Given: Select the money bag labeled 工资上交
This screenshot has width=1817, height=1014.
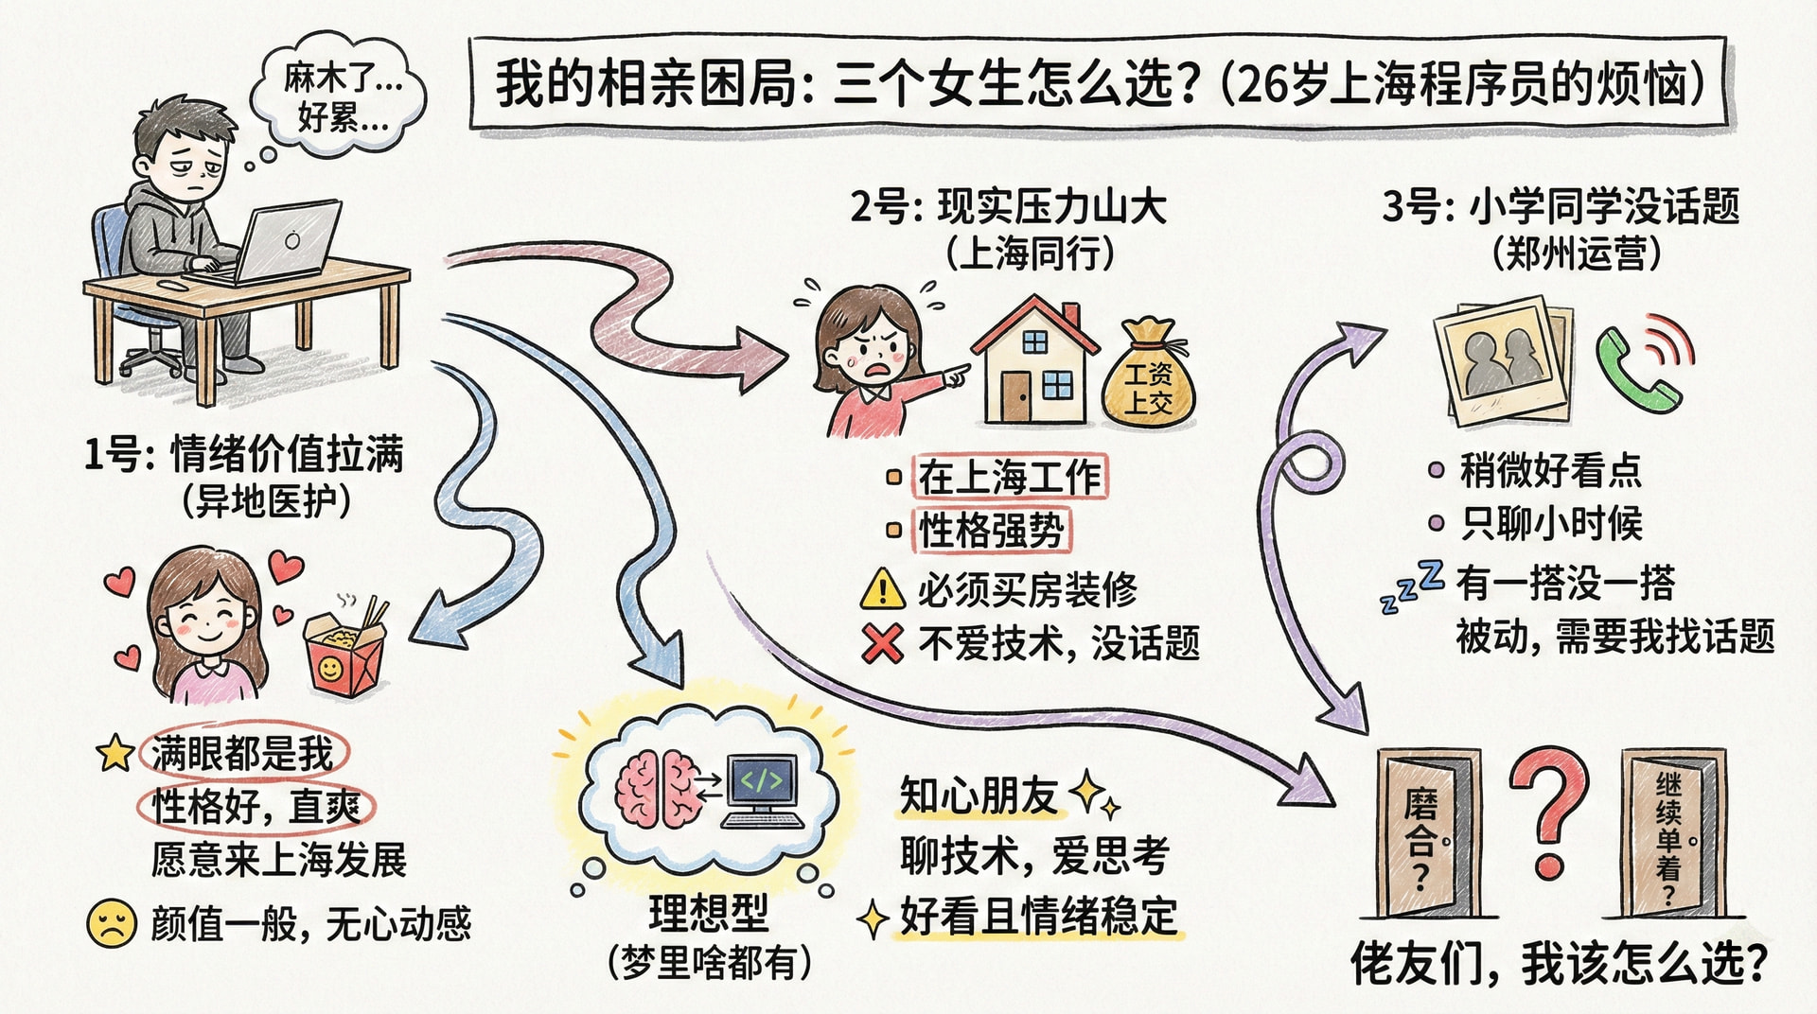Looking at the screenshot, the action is pyautogui.click(x=1148, y=373).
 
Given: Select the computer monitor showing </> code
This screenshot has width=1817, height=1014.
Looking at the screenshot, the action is pyautogui.click(x=762, y=791).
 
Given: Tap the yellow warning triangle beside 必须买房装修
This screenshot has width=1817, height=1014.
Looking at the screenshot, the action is pyautogui.click(x=883, y=588).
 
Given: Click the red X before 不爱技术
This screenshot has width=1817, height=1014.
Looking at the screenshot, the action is pyautogui.click(x=882, y=643).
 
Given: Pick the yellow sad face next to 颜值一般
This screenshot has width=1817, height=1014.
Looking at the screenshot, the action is pyautogui.click(x=112, y=922).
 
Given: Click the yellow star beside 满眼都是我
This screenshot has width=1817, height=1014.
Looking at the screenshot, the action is pyautogui.click(x=115, y=753).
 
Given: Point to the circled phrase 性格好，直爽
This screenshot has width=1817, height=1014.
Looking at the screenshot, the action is pyautogui.click(x=256, y=807).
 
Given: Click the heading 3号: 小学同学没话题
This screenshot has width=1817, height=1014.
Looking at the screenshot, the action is pyautogui.click(x=1561, y=206).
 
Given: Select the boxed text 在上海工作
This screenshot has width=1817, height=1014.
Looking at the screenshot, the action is pyautogui.click(x=1009, y=476).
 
